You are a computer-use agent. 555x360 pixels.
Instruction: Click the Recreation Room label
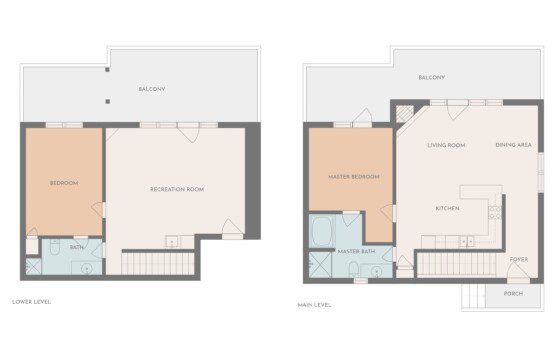tap(177, 189)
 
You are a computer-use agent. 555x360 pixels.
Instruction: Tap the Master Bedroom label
tap(354, 177)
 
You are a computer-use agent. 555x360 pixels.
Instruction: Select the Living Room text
tap(446, 145)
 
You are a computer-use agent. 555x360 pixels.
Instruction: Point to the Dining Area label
tap(513, 145)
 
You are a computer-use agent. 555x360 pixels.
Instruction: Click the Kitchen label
tap(447, 208)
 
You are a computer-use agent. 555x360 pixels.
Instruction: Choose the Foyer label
tap(519, 259)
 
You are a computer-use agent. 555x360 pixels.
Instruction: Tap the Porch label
tap(513, 294)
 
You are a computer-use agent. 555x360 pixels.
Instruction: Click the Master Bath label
tap(356, 251)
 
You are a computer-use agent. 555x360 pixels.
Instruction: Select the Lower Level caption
tap(32, 302)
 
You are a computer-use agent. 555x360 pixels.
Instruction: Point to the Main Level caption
tap(314, 305)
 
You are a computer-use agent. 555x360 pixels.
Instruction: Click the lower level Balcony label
tap(152, 89)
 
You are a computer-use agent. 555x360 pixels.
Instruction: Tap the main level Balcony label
tap(432, 78)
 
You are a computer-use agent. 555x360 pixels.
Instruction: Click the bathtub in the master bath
tap(321, 232)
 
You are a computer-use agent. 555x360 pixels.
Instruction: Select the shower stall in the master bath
tap(320, 265)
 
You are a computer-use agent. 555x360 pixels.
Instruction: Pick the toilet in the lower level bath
tap(55, 247)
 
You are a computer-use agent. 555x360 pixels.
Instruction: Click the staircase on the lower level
tap(158, 263)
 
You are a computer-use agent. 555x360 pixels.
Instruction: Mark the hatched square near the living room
tap(405, 114)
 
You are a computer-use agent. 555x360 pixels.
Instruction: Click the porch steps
tap(473, 296)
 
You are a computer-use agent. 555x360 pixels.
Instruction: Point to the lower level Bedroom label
tap(64, 183)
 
